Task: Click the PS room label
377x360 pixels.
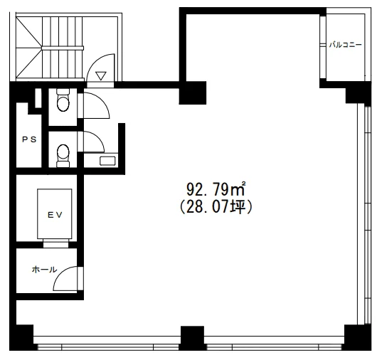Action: click(x=29, y=139)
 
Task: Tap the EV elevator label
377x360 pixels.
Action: click(x=55, y=215)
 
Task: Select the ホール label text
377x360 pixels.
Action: click(x=44, y=270)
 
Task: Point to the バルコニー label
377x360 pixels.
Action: click(x=345, y=45)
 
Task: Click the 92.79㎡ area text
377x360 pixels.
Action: click(x=216, y=189)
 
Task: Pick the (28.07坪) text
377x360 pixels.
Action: click(x=216, y=207)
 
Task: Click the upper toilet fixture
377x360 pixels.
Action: click(x=63, y=100)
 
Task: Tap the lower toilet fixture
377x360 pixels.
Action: click(x=63, y=156)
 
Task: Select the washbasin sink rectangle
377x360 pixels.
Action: click(x=107, y=161)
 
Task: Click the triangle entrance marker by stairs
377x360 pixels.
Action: click(x=101, y=75)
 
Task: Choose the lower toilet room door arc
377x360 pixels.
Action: click(x=97, y=138)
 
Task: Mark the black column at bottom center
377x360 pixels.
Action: click(x=192, y=338)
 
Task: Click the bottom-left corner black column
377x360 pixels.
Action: click(x=21, y=337)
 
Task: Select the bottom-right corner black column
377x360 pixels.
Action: click(x=358, y=337)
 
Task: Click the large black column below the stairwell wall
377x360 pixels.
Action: click(x=193, y=92)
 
